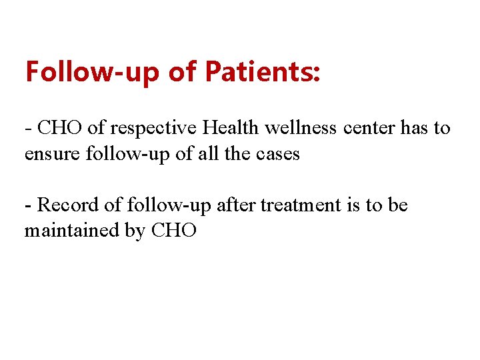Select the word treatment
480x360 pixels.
tap(300, 205)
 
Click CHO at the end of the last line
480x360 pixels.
tap(175, 231)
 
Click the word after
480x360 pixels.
tap(236, 205)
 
